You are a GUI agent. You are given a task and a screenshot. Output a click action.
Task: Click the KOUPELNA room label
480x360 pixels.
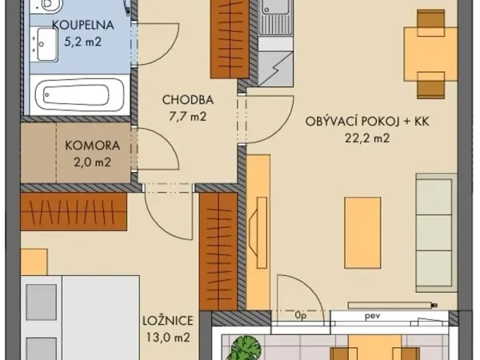83,25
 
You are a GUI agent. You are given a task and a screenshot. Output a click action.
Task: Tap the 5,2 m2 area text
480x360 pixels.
82,42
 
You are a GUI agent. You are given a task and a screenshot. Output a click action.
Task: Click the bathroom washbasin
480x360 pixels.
47,44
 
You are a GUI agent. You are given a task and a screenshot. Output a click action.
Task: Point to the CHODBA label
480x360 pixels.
188,100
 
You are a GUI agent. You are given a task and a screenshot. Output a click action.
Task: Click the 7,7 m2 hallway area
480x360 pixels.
188,116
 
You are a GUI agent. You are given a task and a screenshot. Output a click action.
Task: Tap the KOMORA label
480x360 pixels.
93,146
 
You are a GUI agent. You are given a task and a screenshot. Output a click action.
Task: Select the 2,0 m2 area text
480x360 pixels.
92,162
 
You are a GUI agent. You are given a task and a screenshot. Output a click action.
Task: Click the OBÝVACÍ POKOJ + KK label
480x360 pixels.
367,122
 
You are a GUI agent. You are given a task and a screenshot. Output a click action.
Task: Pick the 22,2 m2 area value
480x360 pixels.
367,138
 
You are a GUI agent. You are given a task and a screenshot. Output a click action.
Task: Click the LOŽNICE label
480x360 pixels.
168,321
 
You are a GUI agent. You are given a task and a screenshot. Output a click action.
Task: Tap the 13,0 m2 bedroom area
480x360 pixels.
168,338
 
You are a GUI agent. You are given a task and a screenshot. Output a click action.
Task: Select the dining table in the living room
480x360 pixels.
430,54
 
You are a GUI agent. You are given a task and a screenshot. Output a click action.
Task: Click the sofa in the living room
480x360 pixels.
437,233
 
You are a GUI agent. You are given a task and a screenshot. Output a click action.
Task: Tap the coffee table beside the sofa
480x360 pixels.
362,233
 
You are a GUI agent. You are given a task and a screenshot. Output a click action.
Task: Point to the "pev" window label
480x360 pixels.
372,316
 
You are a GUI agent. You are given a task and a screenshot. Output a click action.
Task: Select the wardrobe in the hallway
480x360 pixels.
230,39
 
